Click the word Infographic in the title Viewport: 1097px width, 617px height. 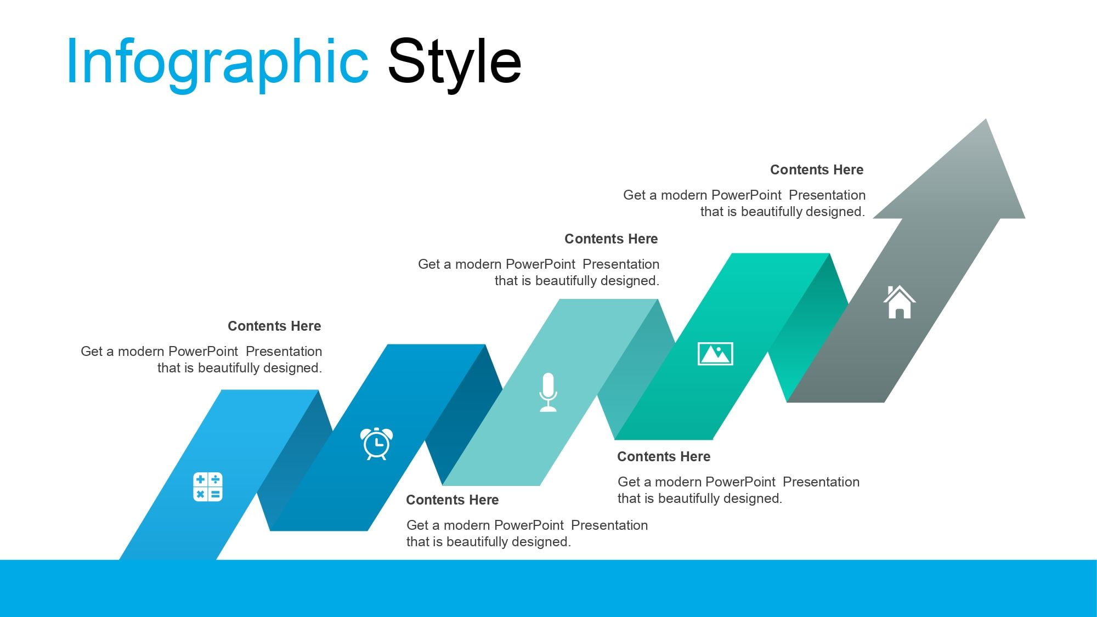tap(217, 63)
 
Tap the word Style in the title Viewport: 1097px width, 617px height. tap(455, 61)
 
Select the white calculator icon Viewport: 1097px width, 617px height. tap(208, 486)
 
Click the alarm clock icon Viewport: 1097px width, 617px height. tap(376, 443)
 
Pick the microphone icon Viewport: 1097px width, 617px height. tap(548, 392)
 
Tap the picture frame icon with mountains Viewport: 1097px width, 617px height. tap(715, 353)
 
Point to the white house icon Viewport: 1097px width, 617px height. tap(899, 302)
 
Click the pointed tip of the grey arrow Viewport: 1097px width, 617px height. tap(986, 119)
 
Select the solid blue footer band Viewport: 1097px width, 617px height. tap(548, 588)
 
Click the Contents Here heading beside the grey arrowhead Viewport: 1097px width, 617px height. tap(817, 170)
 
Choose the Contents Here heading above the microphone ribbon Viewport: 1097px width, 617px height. tap(611, 239)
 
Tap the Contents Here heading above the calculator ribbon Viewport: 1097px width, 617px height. tap(274, 326)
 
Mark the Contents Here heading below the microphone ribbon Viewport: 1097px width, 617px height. tap(453, 500)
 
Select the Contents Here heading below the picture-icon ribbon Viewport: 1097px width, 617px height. tap(664, 457)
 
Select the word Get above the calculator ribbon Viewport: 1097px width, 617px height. tap(92, 352)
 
